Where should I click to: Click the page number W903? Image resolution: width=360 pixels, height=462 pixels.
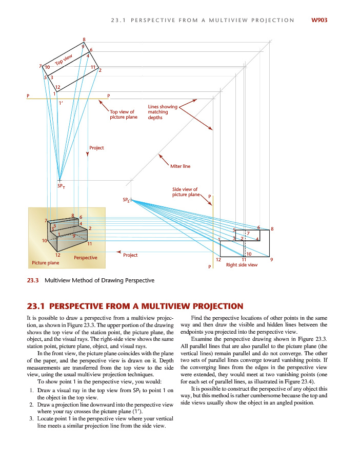click(318, 21)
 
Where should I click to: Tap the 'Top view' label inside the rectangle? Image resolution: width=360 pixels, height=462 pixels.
click(64, 61)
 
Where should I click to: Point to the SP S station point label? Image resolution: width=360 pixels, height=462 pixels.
click(126, 199)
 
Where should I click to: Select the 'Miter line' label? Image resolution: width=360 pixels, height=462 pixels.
click(180, 166)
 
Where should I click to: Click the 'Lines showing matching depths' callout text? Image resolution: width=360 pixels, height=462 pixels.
click(162, 112)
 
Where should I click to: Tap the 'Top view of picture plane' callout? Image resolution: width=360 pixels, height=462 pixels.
click(124, 114)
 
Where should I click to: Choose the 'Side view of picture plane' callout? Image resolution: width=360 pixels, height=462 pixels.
click(185, 192)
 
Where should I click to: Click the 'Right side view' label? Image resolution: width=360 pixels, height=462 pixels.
click(242, 265)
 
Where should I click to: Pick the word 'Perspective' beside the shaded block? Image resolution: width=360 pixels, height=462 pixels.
click(86, 257)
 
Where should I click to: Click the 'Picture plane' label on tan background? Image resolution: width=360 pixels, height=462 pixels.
click(46, 263)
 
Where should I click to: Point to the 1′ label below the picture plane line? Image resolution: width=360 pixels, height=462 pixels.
click(60, 103)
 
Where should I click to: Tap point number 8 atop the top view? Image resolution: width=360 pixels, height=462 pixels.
click(84, 40)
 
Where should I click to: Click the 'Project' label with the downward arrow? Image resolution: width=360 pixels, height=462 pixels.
click(96, 148)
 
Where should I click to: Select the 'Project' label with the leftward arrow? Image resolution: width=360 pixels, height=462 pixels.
click(130, 255)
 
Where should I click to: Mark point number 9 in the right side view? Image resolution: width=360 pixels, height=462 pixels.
click(271, 260)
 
